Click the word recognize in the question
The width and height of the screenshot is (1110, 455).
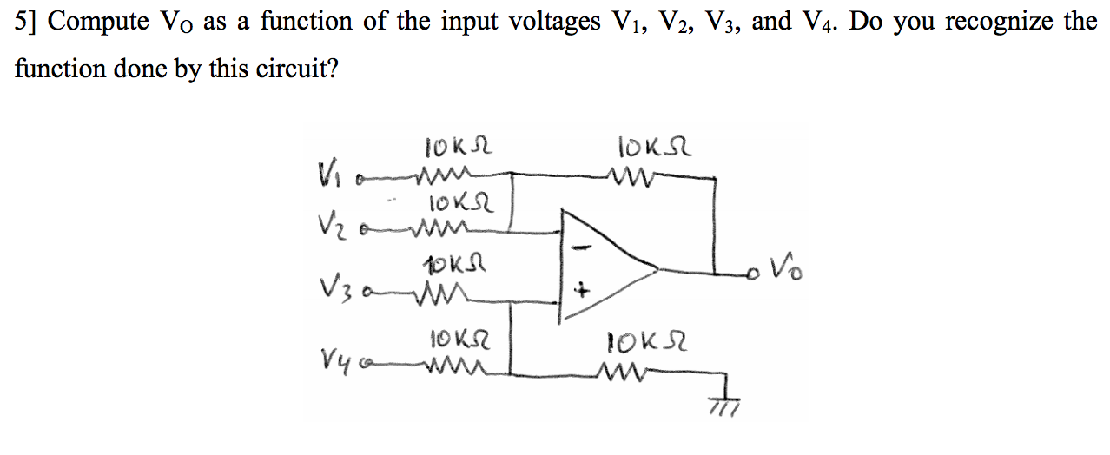[998, 22]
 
